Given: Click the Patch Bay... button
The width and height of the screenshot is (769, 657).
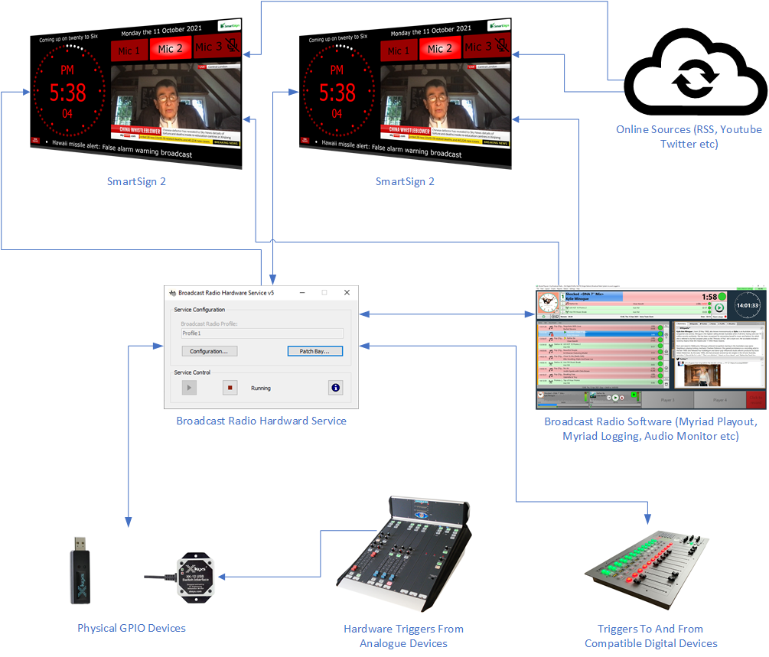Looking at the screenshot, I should click(314, 351).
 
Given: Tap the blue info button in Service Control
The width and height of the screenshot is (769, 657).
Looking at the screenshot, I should click(335, 388).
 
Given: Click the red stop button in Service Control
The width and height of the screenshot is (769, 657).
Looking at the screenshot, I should click(230, 388).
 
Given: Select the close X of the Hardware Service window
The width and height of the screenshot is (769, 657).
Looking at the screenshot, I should click(347, 293).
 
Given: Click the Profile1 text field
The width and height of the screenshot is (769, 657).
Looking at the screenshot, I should click(262, 333).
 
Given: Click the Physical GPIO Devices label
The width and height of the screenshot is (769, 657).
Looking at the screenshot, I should click(132, 629).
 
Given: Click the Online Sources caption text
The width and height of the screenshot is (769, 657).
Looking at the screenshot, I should click(689, 136).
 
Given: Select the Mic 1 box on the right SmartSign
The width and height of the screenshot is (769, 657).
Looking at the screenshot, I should click(399, 50).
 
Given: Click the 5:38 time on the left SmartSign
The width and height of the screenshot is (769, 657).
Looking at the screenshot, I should click(68, 93).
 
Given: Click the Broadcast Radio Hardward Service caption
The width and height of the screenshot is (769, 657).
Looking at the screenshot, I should click(261, 421).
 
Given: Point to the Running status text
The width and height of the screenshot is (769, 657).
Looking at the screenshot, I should click(261, 389).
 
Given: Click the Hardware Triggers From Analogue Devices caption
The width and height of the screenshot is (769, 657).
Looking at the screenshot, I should click(403, 636).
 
